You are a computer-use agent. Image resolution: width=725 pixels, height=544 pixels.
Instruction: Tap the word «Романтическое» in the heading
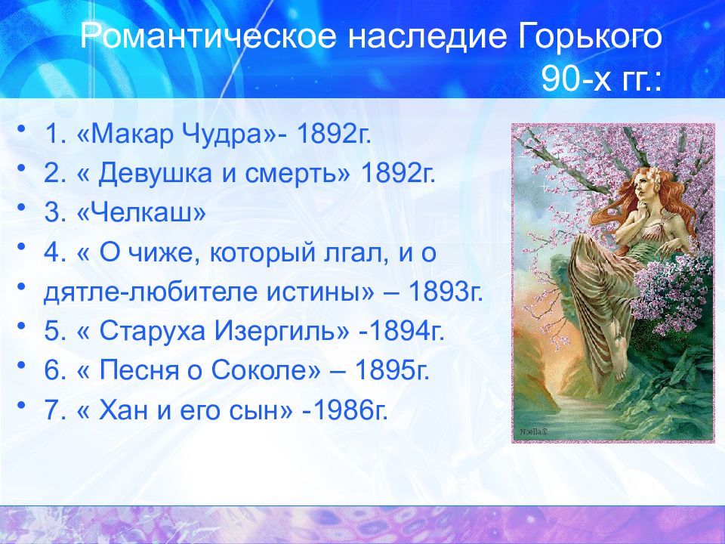click(x=208, y=36)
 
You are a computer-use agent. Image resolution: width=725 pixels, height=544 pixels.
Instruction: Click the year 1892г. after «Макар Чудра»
click(x=334, y=134)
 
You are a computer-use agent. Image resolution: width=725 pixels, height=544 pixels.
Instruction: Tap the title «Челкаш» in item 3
click(x=142, y=213)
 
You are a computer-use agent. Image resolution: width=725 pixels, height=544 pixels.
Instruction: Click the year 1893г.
click(x=446, y=292)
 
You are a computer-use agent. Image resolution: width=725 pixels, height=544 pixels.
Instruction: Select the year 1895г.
click(x=392, y=371)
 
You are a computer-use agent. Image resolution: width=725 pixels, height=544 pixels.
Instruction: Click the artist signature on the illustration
click(x=533, y=431)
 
